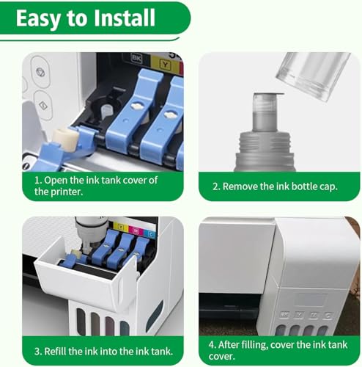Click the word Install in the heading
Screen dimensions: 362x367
pos(125,18)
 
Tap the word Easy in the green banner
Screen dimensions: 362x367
pos(39,19)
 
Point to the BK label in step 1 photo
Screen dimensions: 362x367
pos(136,59)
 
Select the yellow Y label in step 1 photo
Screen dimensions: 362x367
pos(166,65)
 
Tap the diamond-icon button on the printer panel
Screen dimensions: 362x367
pos(43,106)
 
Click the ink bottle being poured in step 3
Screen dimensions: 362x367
pos(92,233)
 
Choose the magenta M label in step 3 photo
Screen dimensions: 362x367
pos(136,230)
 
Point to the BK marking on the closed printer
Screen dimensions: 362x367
pos(284,314)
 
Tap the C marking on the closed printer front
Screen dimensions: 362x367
pos(328,316)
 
